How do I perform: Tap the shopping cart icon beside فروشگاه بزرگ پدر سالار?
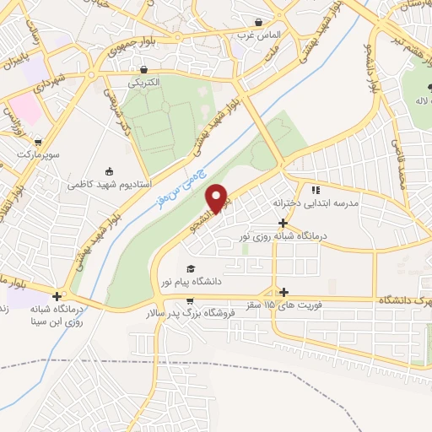tap(191, 300)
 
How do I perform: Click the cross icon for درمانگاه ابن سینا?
tap(57, 295)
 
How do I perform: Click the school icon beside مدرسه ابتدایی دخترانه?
tap(316, 191)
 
